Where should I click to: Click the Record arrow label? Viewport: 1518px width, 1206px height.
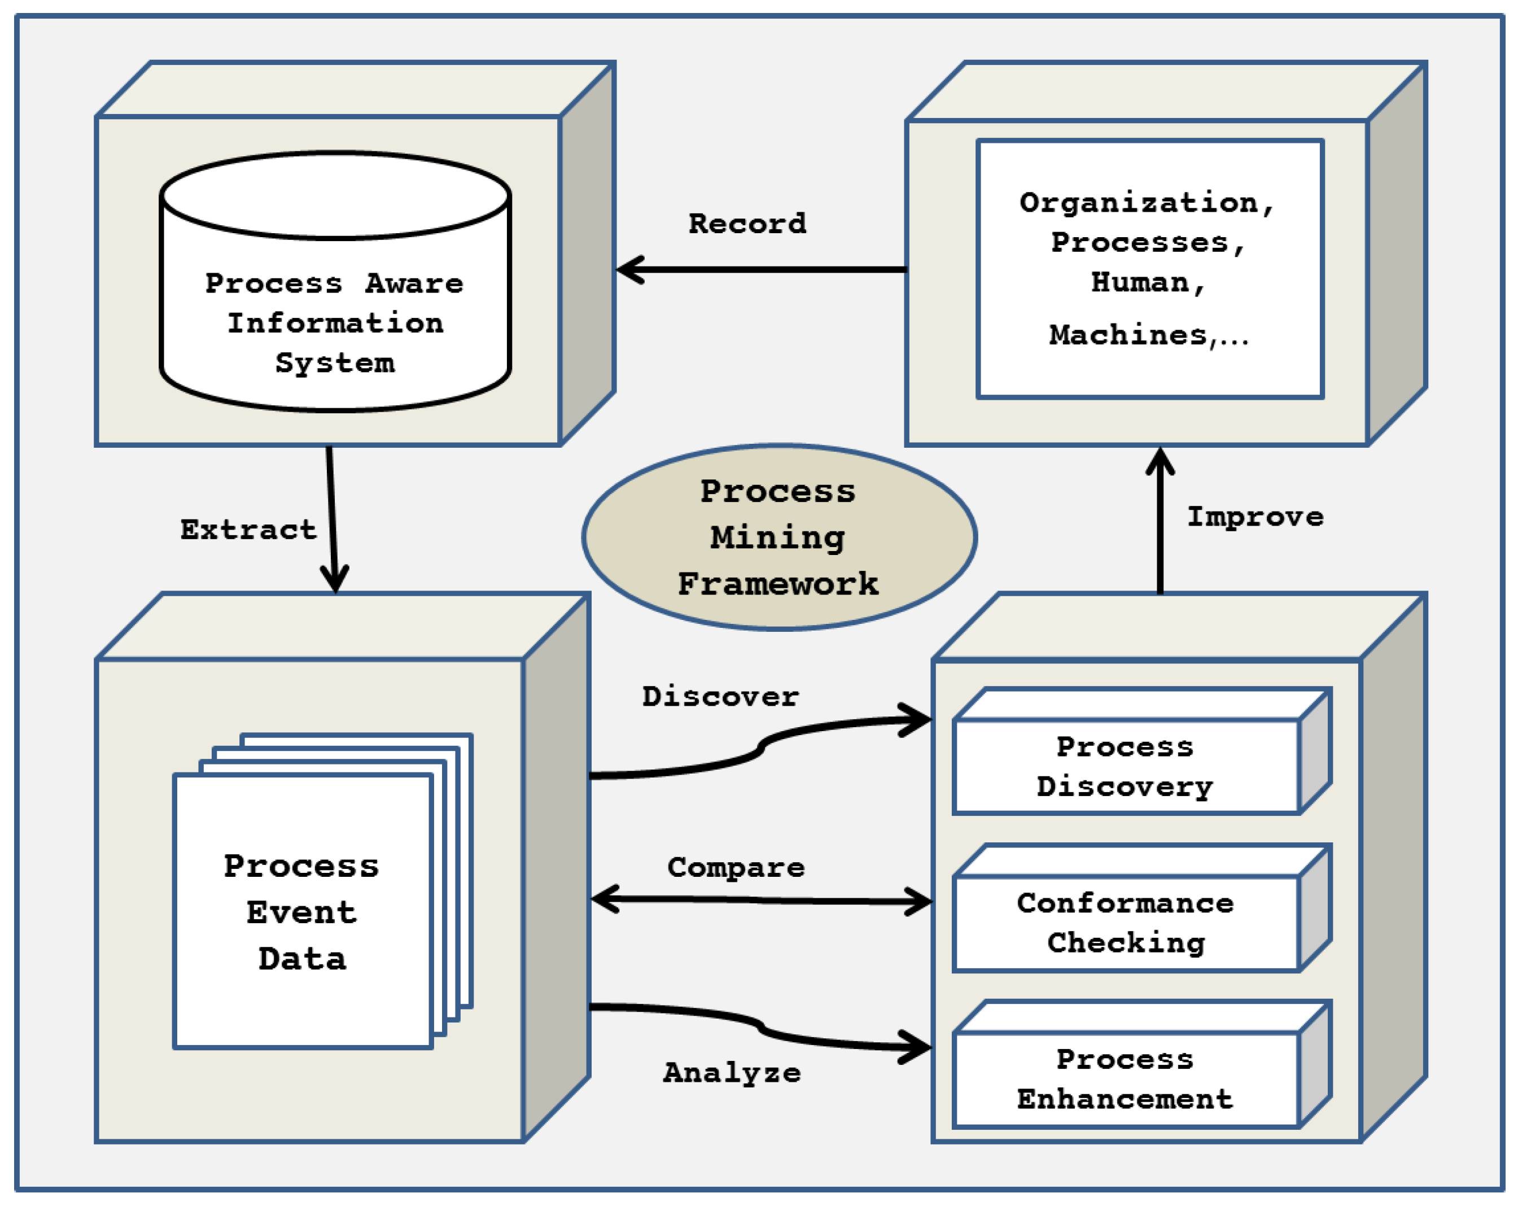(x=747, y=224)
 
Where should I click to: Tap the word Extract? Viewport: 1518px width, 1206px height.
(x=248, y=530)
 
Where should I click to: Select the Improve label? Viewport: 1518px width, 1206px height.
(x=1255, y=517)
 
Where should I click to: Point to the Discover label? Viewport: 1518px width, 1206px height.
(x=720, y=696)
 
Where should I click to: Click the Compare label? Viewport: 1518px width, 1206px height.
(x=736, y=867)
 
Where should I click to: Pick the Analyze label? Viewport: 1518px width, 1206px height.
(x=732, y=1072)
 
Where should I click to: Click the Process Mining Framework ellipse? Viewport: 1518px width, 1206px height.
(x=778, y=537)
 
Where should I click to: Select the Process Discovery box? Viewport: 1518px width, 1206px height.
(x=1125, y=766)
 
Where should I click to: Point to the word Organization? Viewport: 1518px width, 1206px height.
(x=1139, y=203)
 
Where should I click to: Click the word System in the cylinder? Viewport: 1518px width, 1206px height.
(x=335, y=363)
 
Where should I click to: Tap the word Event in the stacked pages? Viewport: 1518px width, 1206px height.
(x=302, y=912)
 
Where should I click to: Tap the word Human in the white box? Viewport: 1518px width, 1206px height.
(x=1140, y=282)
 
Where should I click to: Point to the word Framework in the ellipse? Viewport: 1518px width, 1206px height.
(x=778, y=584)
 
